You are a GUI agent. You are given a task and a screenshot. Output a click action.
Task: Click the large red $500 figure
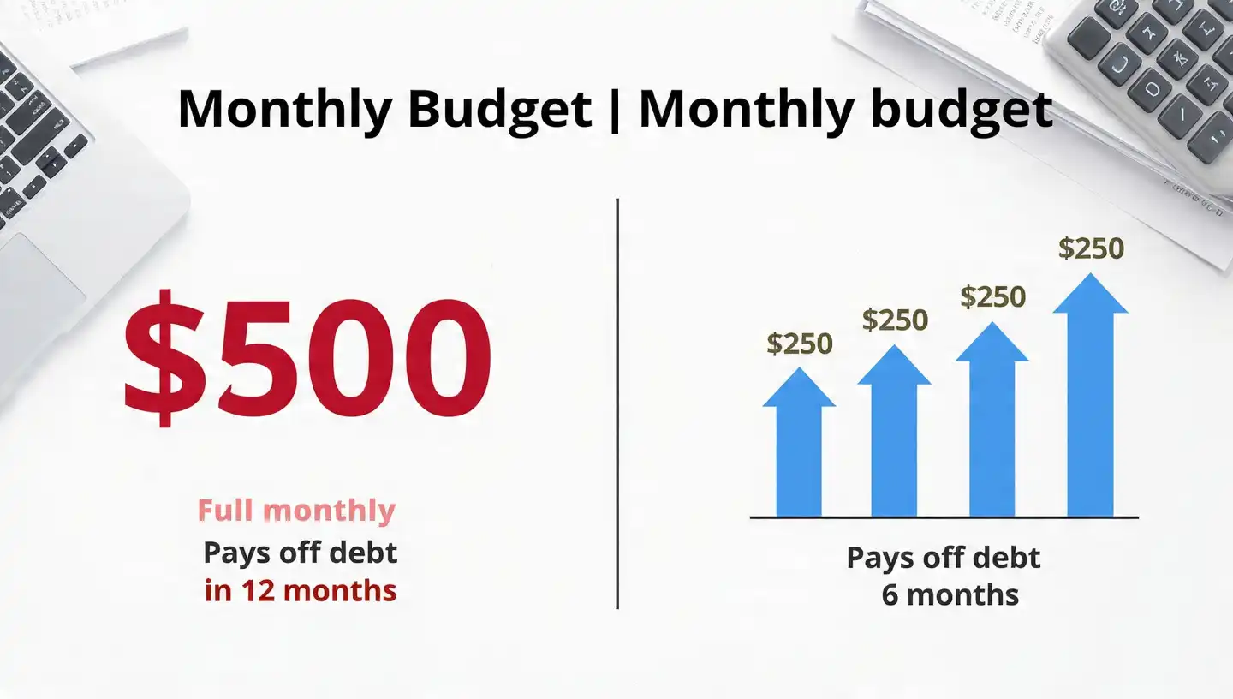pos(308,356)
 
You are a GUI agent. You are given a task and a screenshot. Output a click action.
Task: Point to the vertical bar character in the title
pos(615,109)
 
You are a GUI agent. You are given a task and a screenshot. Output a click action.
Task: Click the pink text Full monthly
pos(296,511)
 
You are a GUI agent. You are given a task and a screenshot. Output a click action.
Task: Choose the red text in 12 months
pos(301,590)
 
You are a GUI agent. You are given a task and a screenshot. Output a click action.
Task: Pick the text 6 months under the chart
pos(950,594)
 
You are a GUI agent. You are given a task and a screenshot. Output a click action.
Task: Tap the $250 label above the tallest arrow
pos(1091,248)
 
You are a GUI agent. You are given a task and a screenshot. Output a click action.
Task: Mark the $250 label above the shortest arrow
pos(799,344)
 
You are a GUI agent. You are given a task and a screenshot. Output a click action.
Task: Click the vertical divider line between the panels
pos(617,403)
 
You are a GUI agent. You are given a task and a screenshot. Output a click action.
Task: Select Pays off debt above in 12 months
pos(301,553)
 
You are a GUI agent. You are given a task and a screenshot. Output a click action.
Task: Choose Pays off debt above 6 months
pos(944,558)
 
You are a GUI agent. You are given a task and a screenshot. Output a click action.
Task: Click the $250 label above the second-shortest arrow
pos(895,320)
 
